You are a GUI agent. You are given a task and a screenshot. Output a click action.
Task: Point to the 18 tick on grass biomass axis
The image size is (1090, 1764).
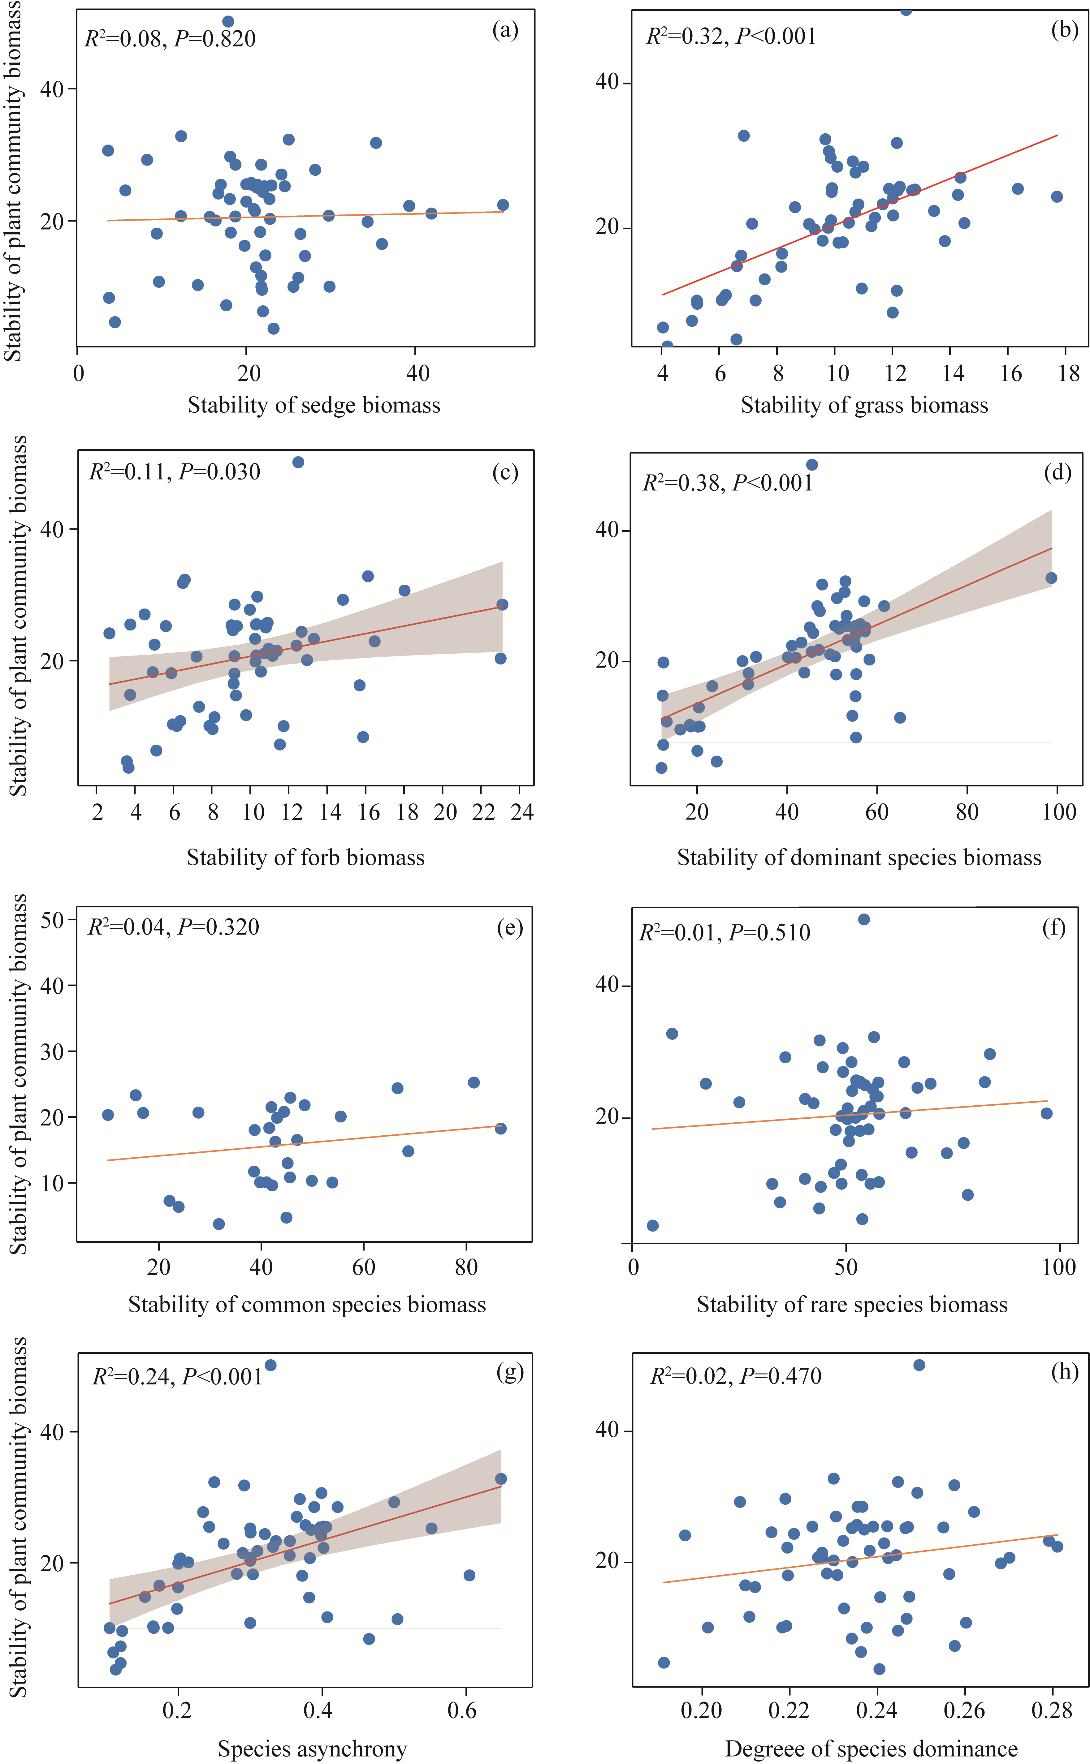[1068, 373]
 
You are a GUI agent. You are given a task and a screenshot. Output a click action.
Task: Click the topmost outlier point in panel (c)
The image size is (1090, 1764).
[298, 462]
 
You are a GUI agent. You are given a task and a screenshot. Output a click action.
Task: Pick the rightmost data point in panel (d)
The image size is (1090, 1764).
[1051, 578]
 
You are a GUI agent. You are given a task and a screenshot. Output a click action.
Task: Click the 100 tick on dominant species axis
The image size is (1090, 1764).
[1058, 812]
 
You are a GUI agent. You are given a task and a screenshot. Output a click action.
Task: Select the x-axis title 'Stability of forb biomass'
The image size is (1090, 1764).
[306, 858]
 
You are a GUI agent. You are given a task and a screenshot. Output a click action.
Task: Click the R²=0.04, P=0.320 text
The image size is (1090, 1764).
[173, 927]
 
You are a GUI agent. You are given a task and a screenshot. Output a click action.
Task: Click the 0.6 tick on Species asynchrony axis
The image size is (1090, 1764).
[462, 1710]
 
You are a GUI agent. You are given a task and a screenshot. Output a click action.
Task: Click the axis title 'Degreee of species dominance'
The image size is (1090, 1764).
[871, 1749]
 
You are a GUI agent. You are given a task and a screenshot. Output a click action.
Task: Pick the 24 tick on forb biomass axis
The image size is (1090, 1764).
[522, 812]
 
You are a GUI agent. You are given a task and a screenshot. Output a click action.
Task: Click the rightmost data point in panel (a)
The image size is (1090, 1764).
[503, 205]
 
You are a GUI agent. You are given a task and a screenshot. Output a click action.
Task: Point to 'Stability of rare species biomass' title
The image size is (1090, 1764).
[851, 1304]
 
